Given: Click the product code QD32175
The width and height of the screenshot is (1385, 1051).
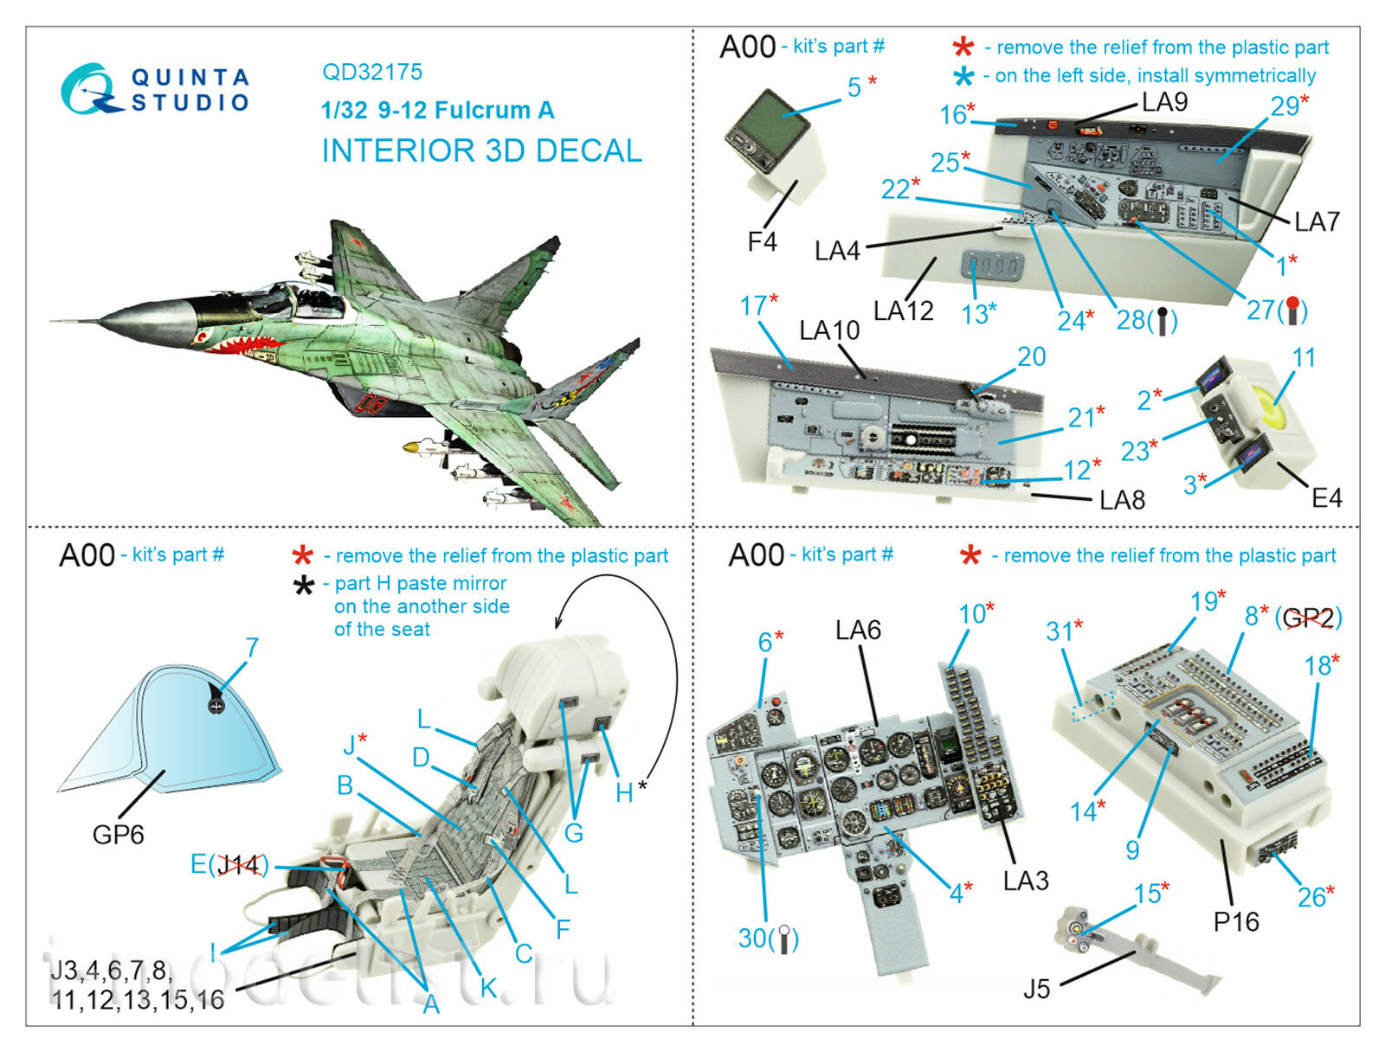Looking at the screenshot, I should click(372, 72).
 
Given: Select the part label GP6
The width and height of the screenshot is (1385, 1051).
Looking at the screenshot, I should click(118, 835).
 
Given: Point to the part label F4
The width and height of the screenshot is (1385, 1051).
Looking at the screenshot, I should click(762, 242).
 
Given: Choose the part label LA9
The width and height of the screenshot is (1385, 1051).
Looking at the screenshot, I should click(1164, 102).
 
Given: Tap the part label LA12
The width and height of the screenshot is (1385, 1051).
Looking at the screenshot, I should click(903, 311).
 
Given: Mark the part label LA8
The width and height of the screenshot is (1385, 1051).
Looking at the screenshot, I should click(1122, 500).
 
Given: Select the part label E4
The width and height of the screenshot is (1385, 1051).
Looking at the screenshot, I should click(1326, 498).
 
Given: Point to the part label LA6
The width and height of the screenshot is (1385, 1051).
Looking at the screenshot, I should click(858, 630).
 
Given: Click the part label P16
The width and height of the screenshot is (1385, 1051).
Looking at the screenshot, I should click(1235, 922).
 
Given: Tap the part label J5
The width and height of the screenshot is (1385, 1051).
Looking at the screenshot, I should click(1036, 988).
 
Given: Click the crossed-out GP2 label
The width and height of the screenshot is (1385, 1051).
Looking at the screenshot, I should click(1308, 618).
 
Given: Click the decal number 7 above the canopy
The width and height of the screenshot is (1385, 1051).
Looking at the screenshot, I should click(252, 648).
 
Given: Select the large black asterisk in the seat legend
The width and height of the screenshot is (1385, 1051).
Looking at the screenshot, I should click(304, 587).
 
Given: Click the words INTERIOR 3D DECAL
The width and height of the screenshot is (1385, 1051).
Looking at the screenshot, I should click(481, 151).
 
